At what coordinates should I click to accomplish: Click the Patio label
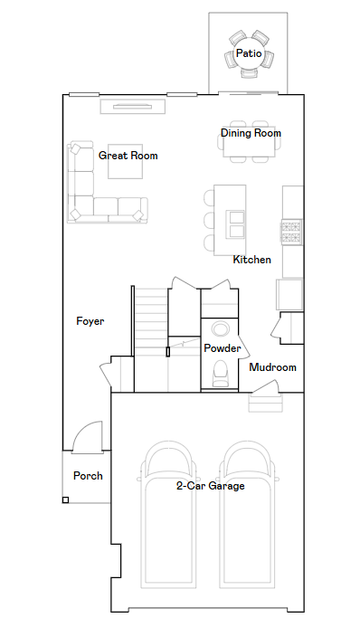pos(249,53)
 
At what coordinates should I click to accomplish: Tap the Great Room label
pos(128,156)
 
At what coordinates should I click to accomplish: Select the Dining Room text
pos(251,133)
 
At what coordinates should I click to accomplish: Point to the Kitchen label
pos(252,260)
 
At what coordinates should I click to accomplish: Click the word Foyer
pos(90,321)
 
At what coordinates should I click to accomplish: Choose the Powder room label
pos(223,348)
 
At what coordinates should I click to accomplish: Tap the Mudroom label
pos(272,367)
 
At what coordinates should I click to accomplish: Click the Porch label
pos(88,476)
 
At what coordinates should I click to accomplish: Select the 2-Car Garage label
pos(211,486)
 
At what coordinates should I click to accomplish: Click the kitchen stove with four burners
pos(292,233)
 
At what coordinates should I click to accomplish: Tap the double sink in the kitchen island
pos(236,223)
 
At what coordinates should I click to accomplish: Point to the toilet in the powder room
pos(222,373)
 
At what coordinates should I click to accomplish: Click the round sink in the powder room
pos(221,328)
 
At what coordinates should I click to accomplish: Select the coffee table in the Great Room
pos(125,161)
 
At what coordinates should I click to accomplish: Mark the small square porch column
pos(65,500)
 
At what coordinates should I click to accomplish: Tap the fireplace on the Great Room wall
pos(133,107)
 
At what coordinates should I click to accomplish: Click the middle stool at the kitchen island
pos(209,220)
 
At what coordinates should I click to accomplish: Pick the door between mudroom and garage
pos(265,387)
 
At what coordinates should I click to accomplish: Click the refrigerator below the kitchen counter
pos(289,295)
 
